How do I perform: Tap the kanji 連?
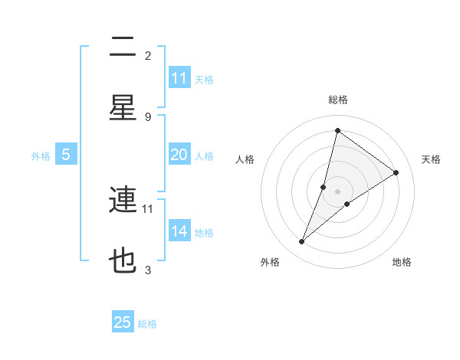[123, 201]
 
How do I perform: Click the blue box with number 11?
[179, 78]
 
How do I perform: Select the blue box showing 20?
[179, 155]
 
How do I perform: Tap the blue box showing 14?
[179, 231]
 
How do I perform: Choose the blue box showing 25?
[123, 322]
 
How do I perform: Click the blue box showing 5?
[66, 155]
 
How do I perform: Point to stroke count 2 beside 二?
[148, 55]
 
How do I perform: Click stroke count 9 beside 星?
[148, 116]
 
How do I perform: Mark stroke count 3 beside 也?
[148, 270]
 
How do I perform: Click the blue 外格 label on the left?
[41, 155]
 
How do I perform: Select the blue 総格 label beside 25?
[147, 323]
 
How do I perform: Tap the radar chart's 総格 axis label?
[338, 100]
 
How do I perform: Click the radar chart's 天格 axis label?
[431, 159]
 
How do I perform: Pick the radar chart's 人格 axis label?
[245, 159]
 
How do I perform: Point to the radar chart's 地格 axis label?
[402, 262]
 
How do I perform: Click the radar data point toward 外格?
[302, 242]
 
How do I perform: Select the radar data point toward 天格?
[396, 172]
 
